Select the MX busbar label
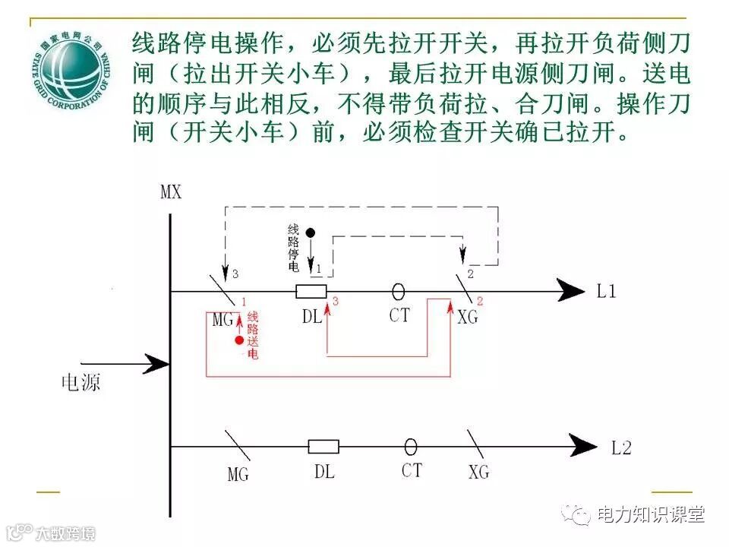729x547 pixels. pos(171,191)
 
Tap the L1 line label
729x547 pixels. pos(606,291)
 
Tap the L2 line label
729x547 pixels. pos(621,447)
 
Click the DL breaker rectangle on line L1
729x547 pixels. pos(311,291)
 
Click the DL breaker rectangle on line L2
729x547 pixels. pos(323,447)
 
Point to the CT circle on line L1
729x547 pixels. pos(398,291)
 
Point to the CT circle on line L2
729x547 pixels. pos(411,447)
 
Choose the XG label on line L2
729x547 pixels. pos(478,473)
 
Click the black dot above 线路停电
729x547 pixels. pos(310,231)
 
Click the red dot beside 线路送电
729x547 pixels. pos(239,340)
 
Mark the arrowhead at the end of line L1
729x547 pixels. pos(571,290)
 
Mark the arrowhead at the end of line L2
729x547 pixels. pos(585,446)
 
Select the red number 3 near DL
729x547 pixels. pos(335,302)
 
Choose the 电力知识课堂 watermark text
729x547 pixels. pos(651,514)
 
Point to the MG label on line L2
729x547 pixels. pos(238,475)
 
